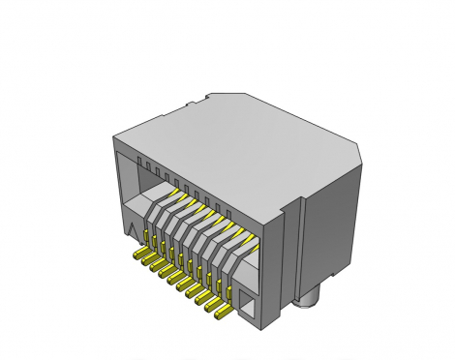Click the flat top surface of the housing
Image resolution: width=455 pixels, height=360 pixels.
242,135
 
